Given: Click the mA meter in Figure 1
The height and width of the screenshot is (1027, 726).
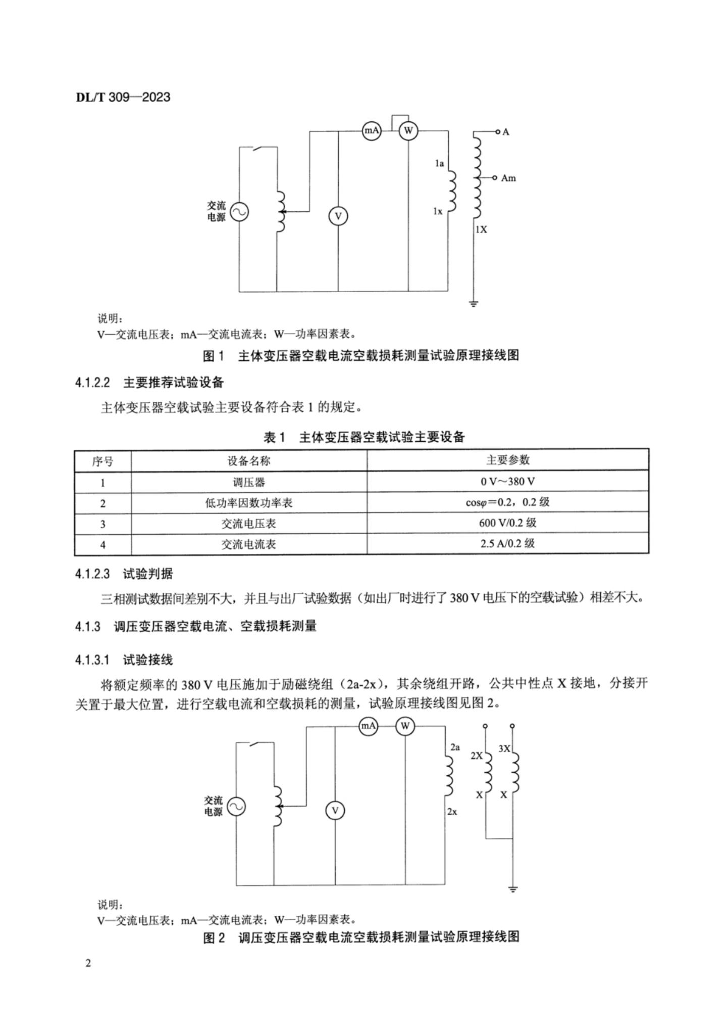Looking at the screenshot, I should pyautogui.click(x=372, y=131).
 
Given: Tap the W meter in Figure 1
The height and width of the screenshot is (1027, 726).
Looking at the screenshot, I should pyautogui.click(x=408, y=131).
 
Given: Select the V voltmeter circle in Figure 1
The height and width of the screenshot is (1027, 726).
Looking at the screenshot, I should pyautogui.click(x=338, y=216).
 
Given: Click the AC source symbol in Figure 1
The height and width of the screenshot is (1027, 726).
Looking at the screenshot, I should pyautogui.click(x=239, y=212).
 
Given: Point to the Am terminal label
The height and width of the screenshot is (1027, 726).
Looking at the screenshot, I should pyautogui.click(x=508, y=178).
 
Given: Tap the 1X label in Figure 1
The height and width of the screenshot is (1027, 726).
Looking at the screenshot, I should pyautogui.click(x=481, y=229).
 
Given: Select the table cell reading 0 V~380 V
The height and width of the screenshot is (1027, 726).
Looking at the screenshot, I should pyautogui.click(x=507, y=481).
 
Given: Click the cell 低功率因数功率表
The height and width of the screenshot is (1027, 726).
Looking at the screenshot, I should pyautogui.click(x=248, y=503).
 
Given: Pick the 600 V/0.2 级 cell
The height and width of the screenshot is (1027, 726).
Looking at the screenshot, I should pyautogui.click(x=507, y=523).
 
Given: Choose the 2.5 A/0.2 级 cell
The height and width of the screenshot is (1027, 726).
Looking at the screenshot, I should pyautogui.click(x=507, y=544).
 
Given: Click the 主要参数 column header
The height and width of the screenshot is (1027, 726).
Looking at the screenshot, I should pyautogui.click(x=507, y=460).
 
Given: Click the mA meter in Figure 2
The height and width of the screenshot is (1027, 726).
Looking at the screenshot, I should pyautogui.click(x=368, y=726).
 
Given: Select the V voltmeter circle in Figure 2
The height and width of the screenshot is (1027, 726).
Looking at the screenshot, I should pyautogui.click(x=335, y=811).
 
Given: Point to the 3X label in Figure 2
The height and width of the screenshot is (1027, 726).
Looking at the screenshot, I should pyautogui.click(x=504, y=749).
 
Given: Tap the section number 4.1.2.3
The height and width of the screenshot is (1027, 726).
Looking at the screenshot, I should pyautogui.click(x=92, y=574).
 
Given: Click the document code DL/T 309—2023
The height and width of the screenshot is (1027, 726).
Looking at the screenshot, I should pyautogui.click(x=123, y=97).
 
